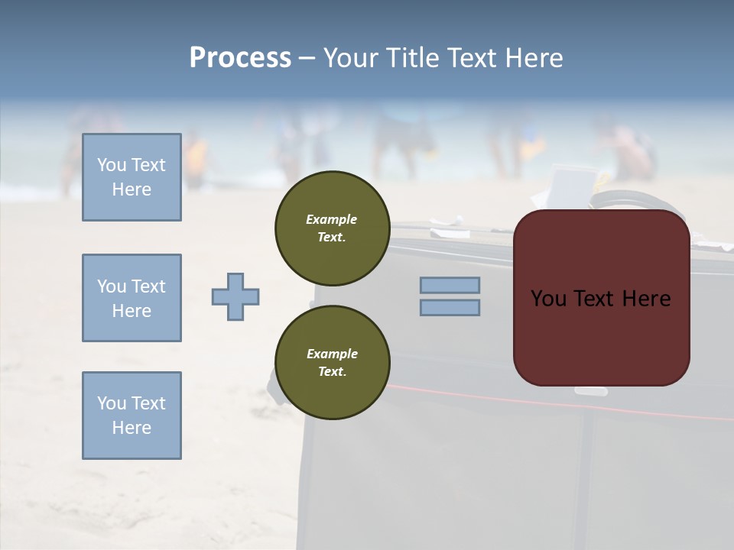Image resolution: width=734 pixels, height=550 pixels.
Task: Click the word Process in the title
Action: coord(240,58)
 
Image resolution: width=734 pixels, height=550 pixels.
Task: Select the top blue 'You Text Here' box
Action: coord(132,177)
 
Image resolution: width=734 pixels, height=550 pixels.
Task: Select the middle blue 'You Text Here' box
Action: coord(132,298)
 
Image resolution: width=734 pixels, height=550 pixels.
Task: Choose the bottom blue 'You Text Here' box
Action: coord(132,416)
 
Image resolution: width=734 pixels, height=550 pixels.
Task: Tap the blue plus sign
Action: coord(235,296)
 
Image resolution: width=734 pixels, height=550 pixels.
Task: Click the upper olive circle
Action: coord(332,228)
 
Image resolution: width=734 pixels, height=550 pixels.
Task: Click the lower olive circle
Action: coord(332,363)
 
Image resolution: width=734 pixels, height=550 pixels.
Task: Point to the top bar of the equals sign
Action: coord(450,285)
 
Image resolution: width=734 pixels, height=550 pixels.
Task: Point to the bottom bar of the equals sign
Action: coord(450,307)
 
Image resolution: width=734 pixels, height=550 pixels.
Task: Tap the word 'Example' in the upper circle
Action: coord(332,219)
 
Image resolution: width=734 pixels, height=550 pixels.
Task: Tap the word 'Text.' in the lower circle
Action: coord(332,372)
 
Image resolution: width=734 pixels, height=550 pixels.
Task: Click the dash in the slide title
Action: coord(307,58)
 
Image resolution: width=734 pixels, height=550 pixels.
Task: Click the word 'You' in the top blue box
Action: coord(112,165)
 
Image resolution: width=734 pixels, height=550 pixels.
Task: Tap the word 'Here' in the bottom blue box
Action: coord(132,428)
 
